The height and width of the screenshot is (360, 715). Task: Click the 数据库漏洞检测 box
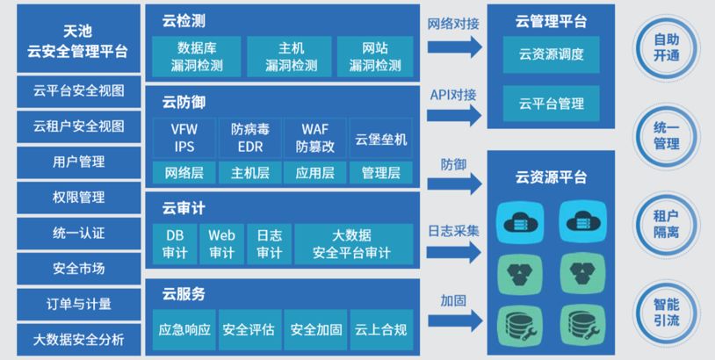point(200,55)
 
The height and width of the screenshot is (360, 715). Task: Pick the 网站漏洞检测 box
point(375,55)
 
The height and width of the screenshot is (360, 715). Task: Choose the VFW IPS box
point(184,138)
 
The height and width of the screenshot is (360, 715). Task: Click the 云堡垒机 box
point(380,138)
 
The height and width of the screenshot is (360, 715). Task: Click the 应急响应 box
point(184,330)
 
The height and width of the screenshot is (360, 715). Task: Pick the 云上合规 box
point(380,330)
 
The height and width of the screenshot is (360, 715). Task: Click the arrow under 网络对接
point(455,47)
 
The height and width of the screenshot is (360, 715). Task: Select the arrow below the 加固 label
point(455,324)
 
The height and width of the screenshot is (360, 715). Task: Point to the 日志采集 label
point(454,231)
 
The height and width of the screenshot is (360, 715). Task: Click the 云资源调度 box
point(551,54)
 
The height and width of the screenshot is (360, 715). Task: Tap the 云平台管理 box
point(551,104)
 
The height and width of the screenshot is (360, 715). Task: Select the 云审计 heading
point(184,209)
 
